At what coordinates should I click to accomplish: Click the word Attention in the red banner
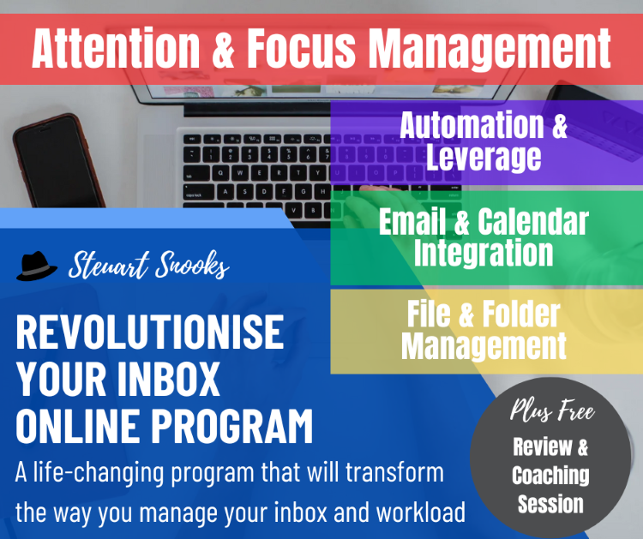click(116, 48)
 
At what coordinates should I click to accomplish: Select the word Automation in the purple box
click(472, 124)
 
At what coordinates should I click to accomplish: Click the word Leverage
click(484, 157)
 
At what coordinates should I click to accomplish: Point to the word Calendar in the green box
click(533, 222)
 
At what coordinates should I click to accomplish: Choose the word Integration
click(484, 253)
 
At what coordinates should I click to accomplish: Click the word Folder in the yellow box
click(520, 314)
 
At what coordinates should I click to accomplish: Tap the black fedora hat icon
click(37, 266)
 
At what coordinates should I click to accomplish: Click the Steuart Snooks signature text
click(149, 265)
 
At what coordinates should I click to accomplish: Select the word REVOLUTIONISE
click(150, 332)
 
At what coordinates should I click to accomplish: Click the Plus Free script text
click(552, 410)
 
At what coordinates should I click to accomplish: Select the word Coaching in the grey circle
click(550, 476)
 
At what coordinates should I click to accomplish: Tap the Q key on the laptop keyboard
click(221, 173)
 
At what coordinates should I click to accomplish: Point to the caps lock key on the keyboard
click(198, 192)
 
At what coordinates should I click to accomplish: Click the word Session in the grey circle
click(550, 504)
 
